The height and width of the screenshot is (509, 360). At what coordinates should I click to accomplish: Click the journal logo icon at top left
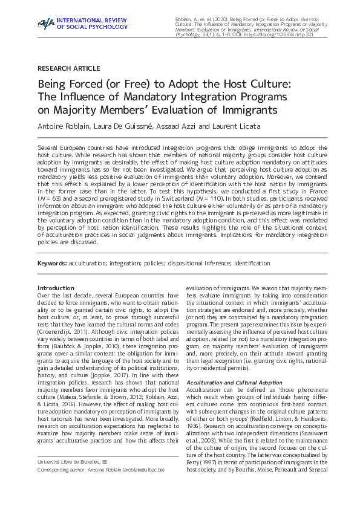[x=45, y=24]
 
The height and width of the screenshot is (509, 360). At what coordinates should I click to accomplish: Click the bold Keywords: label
[x=53, y=264]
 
